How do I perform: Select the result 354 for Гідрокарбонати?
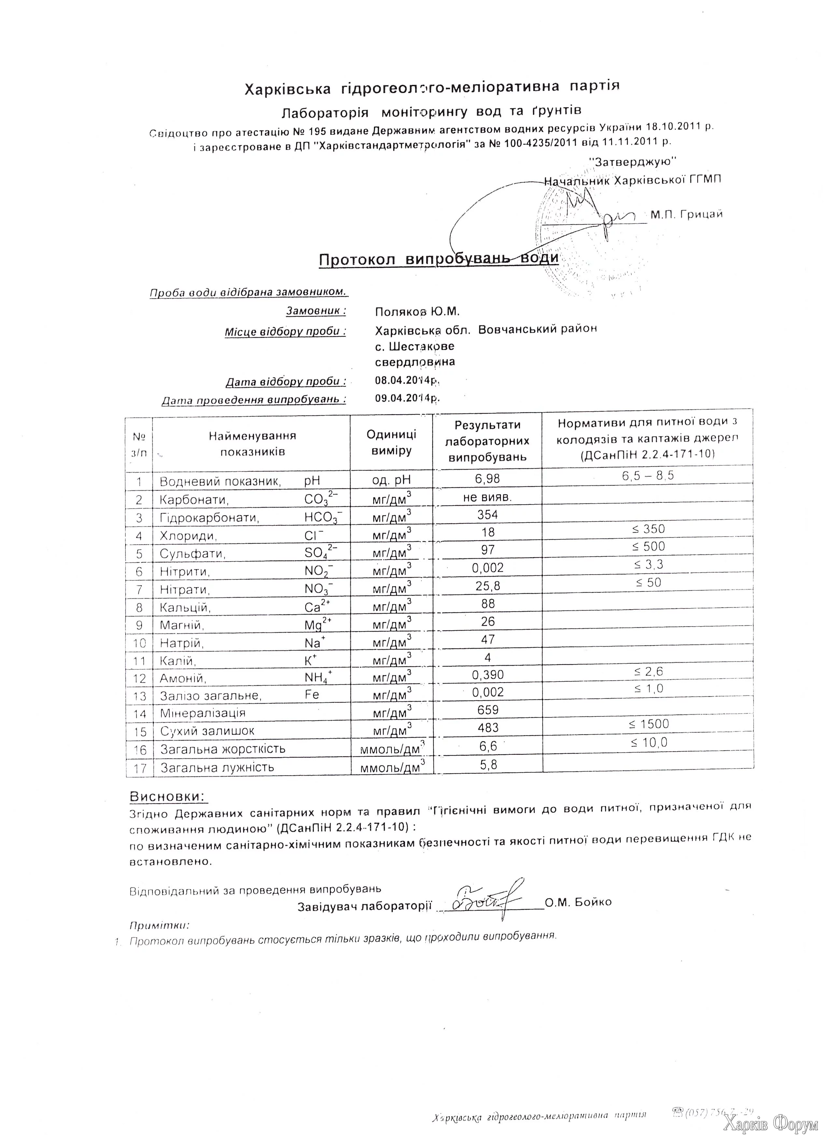pos(487,515)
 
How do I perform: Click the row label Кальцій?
pos(185,608)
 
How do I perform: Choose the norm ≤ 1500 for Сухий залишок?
pos(649,724)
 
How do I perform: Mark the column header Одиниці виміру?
pos(391,442)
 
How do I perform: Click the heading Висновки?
pos(168,796)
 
